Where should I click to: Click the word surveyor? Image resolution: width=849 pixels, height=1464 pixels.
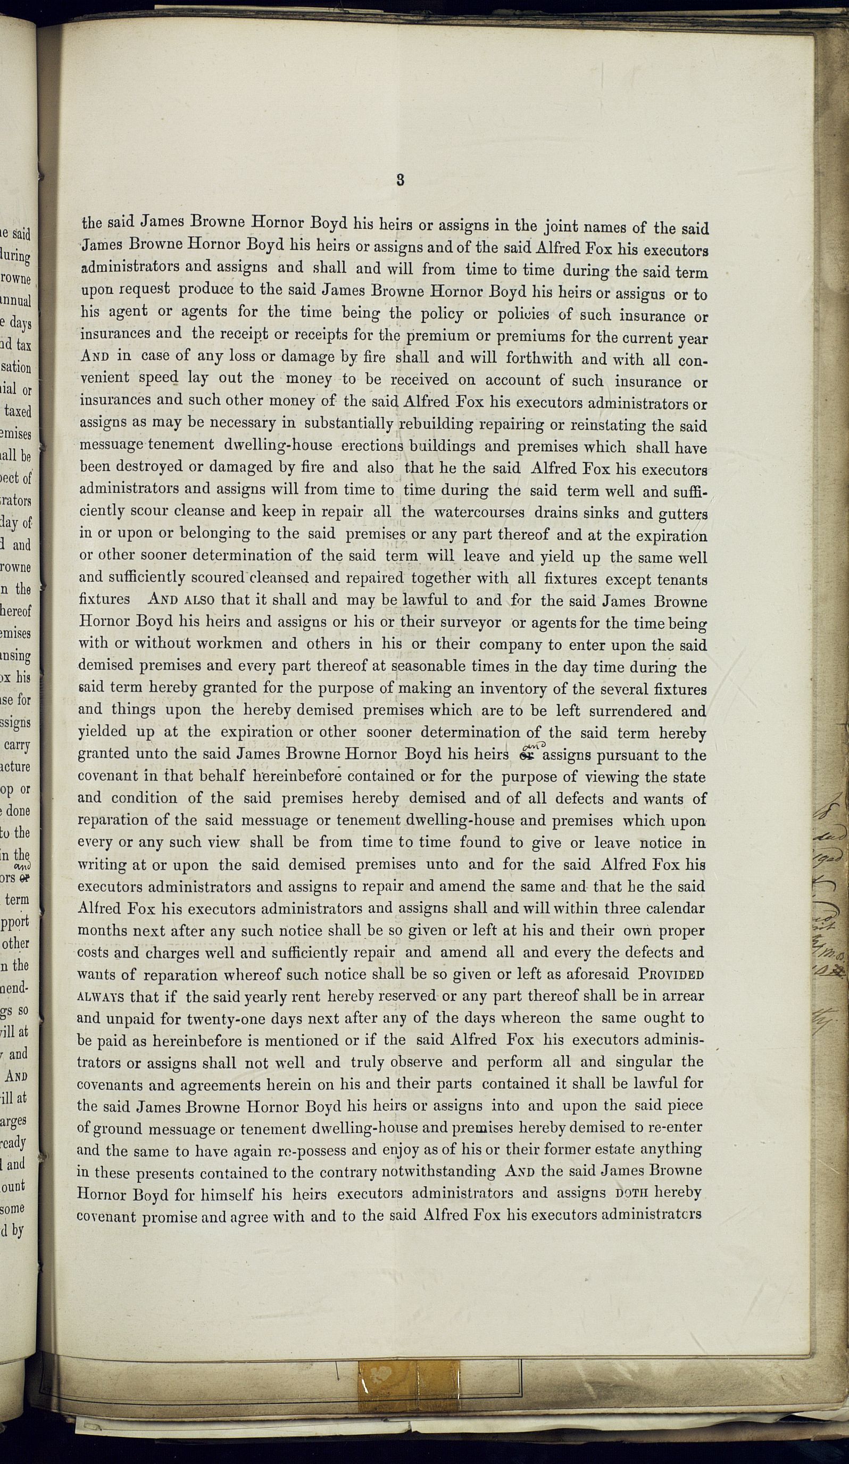(471, 622)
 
